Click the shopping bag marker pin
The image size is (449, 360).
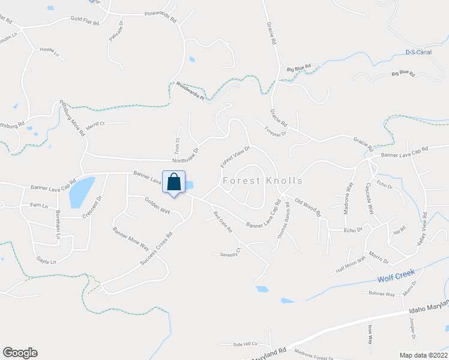[x=174, y=182]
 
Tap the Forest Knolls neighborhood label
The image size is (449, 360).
[x=262, y=181]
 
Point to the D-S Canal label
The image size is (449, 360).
[x=418, y=52]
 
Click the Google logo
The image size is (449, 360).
[x=20, y=353]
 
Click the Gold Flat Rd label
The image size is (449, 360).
[x=84, y=19]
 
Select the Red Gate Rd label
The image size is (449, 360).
[x=221, y=221]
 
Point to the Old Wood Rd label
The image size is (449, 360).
[x=307, y=209]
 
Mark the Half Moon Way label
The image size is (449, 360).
[x=351, y=265]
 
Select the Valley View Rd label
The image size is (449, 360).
[x=423, y=229]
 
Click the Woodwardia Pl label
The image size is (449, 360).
[x=190, y=90]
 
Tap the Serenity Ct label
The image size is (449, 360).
[x=230, y=253]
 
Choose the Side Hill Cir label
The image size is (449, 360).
[x=245, y=344]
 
